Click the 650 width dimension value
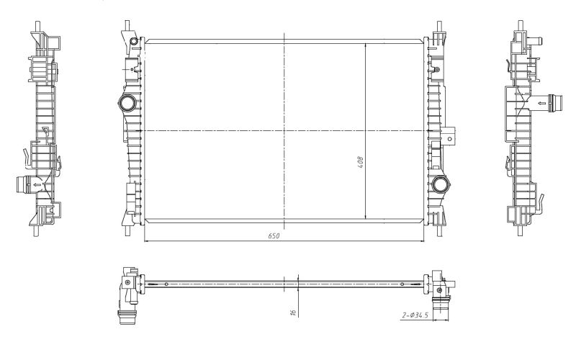(x=274, y=236)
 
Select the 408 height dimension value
(x=361, y=163)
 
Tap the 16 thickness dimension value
(x=293, y=312)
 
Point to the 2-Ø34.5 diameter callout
(x=415, y=315)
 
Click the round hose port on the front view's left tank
(x=127, y=103)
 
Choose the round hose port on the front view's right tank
(x=440, y=184)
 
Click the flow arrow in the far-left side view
(x=37, y=185)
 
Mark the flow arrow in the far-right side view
(x=542, y=103)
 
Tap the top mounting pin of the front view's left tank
(x=127, y=26)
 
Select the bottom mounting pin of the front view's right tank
(x=439, y=230)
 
